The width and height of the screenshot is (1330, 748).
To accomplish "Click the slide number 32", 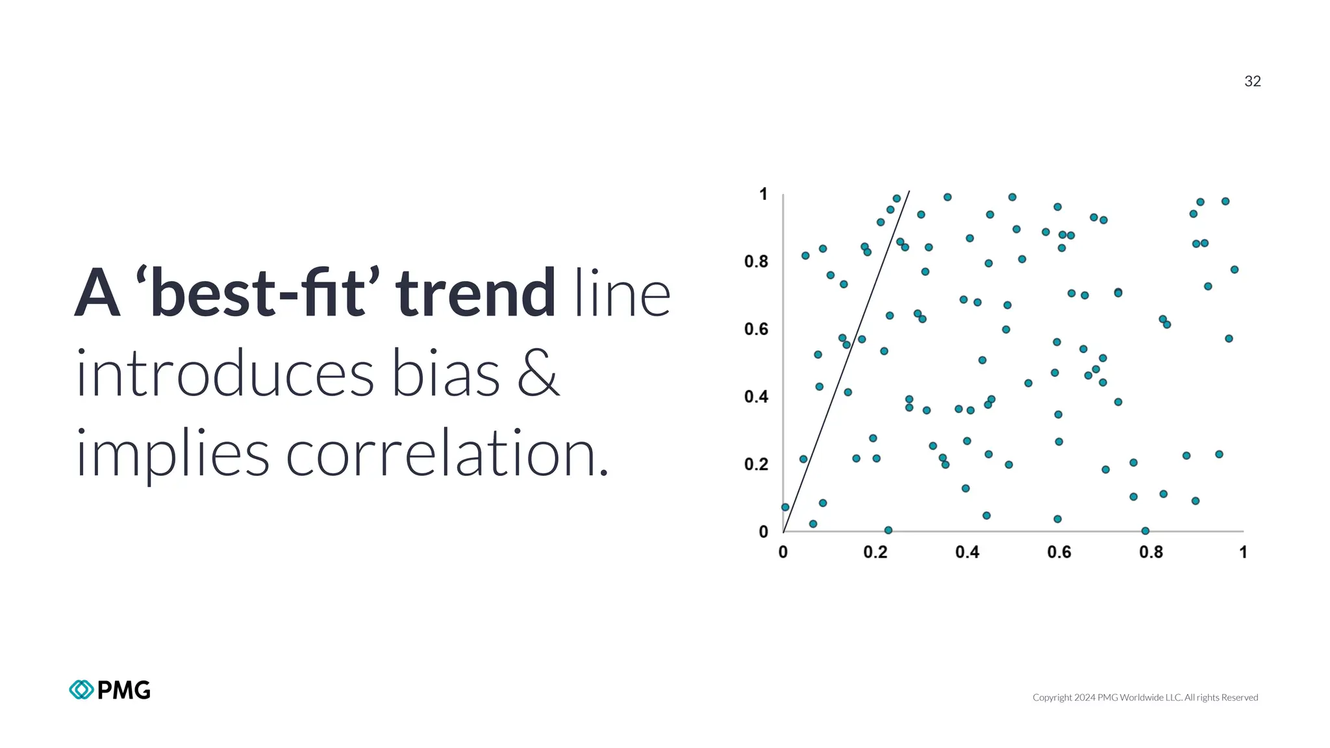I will tap(1252, 81).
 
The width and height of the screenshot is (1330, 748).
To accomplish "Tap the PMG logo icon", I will tap(81, 690).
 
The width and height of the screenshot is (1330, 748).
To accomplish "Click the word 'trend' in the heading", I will tap(475, 293).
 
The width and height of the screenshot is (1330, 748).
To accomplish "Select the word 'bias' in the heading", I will tap(445, 374).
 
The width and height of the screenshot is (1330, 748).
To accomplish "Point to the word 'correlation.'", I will tap(447, 454).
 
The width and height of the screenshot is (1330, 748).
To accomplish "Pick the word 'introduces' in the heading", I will tap(225, 374).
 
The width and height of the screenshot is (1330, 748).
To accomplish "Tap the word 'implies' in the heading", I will tap(172, 454).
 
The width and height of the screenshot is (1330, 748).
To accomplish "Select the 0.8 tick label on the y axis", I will tap(756, 262).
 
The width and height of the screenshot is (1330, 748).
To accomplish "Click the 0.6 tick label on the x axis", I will tap(1059, 552).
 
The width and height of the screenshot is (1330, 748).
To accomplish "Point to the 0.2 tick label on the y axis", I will tap(756, 464).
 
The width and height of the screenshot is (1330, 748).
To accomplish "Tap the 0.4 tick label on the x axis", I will tap(967, 552).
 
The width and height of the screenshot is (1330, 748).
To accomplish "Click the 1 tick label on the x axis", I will tap(1243, 552).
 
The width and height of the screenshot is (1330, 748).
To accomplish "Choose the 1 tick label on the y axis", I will tap(763, 194).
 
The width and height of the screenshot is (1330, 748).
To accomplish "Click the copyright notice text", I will tap(1145, 697).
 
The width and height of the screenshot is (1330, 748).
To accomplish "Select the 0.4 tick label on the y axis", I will tap(756, 397).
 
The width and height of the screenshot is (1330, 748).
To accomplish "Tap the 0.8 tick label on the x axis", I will tap(1151, 552).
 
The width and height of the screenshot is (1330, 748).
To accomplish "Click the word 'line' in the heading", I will tap(622, 293).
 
